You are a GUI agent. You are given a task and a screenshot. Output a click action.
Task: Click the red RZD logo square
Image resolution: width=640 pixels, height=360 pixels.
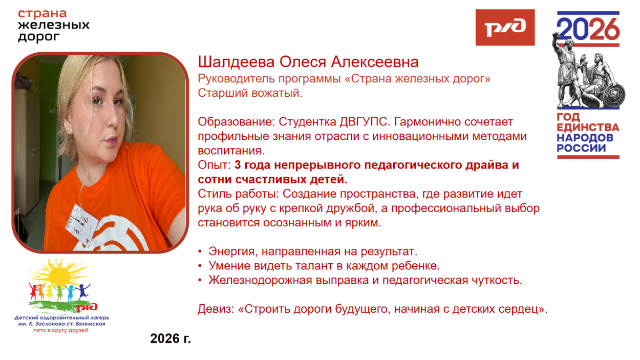[505, 28]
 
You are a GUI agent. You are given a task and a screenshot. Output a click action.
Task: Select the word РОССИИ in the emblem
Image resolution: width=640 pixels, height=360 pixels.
[582, 148]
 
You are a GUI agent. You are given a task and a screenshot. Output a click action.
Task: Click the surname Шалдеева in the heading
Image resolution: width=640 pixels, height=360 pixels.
[236, 62]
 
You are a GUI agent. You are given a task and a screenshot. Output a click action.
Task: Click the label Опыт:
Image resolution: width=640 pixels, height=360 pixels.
[215, 165]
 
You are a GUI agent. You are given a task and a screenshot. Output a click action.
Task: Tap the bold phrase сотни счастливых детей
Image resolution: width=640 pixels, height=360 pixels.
[272, 180]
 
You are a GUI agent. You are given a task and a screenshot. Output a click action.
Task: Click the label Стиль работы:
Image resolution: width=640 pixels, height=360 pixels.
[239, 194]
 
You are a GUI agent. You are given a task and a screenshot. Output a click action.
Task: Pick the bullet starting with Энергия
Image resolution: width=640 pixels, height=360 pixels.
[313, 251]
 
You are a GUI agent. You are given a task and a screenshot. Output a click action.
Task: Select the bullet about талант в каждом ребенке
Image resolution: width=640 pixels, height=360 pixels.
[324, 266]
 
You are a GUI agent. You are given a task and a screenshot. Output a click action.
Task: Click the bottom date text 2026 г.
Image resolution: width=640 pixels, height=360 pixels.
[170, 338]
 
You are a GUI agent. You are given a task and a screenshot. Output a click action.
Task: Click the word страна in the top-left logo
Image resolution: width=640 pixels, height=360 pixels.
[42, 13]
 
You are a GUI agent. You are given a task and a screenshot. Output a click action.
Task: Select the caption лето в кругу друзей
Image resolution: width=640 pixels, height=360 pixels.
[60, 330]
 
